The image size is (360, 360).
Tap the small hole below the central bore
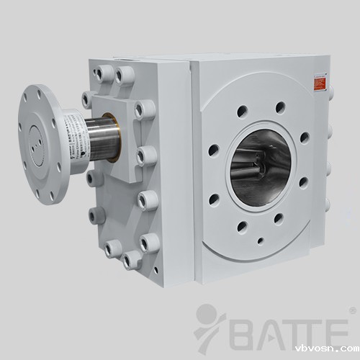260,240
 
